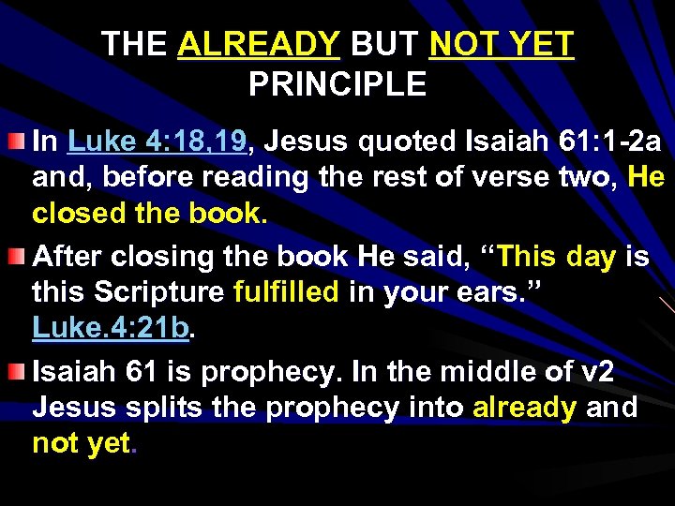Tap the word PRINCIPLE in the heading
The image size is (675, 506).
click(x=337, y=85)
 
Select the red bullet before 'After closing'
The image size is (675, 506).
click(x=17, y=257)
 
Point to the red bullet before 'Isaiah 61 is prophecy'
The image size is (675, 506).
click(x=17, y=371)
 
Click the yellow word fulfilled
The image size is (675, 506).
click(x=286, y=292)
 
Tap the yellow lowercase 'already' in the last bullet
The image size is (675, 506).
click(x=525, y=408)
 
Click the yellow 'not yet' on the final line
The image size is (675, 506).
click(x=82, y=443)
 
